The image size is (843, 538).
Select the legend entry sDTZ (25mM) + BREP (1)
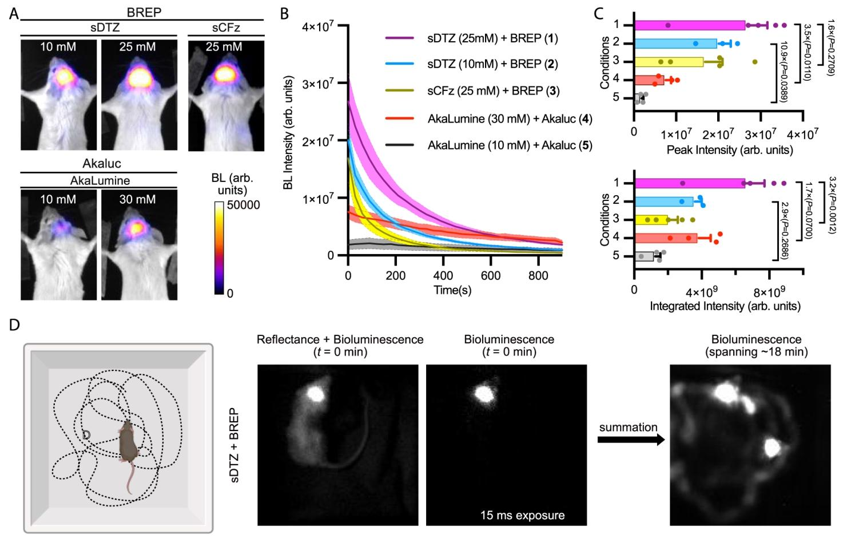pos(492,39)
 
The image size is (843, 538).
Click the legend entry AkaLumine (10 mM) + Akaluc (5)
pos(510,145)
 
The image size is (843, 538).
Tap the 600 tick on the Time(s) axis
pos(490,275)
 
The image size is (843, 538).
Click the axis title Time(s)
pos(452,290)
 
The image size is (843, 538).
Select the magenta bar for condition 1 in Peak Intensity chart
pos(689,25)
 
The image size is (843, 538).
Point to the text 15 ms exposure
pos(522,515)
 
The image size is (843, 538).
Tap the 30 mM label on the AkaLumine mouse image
pos(137,200)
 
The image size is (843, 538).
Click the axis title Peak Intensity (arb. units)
pos(729,150)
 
